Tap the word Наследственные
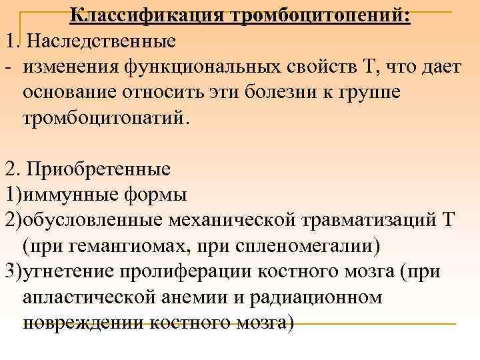coord(101,41)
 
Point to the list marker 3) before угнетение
coord(13,271)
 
